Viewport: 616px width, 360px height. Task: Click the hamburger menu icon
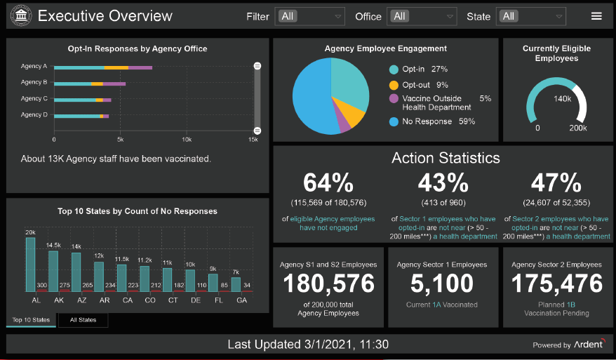tap(596, 16)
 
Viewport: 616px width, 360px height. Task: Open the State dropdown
tap(530, 16)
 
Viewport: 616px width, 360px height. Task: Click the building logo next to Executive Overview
tap(22, 16)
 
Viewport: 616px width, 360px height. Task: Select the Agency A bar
tap(103, 67)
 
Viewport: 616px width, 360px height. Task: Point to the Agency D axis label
tap(34, 114)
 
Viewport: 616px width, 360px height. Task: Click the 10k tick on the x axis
tap(187, 140)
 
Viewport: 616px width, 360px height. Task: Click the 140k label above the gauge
tap(562, 99)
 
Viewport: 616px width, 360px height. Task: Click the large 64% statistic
tap(328, 183)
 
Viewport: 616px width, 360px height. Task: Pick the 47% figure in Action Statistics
tap(556, 183)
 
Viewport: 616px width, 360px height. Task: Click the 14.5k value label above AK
tap(53, 245)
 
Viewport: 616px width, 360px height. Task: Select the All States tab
tap(83, 320)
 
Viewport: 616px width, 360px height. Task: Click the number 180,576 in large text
tap(328, 283)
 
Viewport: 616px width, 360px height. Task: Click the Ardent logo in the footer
tap(589, 345)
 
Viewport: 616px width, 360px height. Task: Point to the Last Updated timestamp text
tap(308, 345)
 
